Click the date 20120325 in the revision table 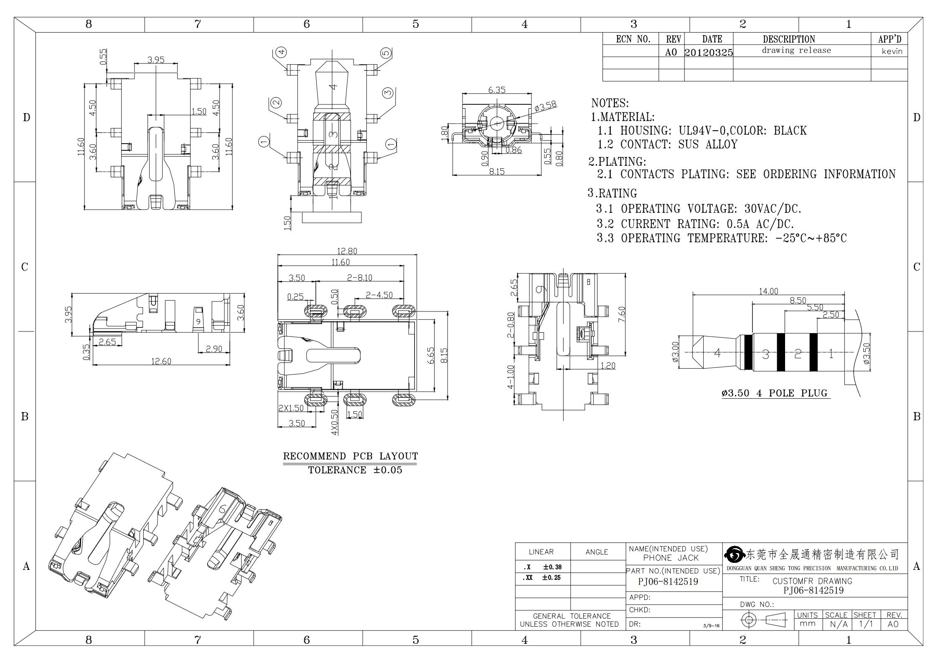click(x=709, y=52)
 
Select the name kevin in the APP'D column click(x=892, y=51)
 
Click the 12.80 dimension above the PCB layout click(x=347, y=251)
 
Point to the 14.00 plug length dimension click(x=768, y=291)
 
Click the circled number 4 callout click(x=282, y=52)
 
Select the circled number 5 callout click(x=386, y=53)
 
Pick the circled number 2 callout click(x=276, y=102)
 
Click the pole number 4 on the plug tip click(x=717, y=353)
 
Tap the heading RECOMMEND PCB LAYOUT click(x=351, y=456)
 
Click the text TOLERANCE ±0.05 click(x=355, y=470)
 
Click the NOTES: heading click(x=610, y=103)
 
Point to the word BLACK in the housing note click(x=790, y=131)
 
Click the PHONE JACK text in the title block click(x=671, y=558)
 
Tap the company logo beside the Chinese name click(x=735, y=555)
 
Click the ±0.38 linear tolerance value click(x=552, y=567)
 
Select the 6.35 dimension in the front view click(x=497, y=90)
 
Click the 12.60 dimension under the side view click(x=161, y=361)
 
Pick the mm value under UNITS click(x=807, y=624)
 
